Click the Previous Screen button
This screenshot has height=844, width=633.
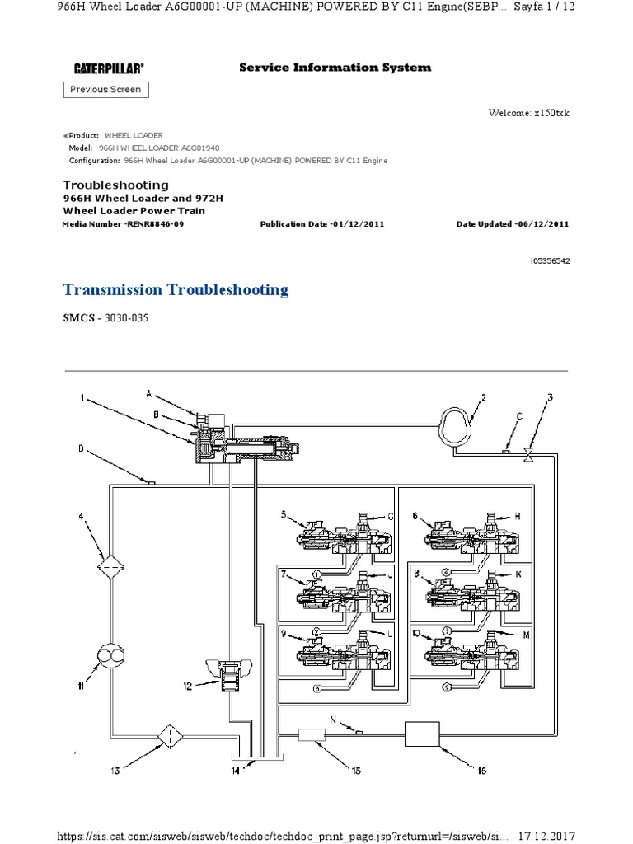point(105,90)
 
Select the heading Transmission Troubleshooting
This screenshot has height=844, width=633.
point(176,289)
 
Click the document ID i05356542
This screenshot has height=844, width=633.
point(550,260)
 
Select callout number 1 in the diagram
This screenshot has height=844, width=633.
point(82,398)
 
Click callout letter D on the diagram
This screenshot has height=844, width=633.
point(81,449)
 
